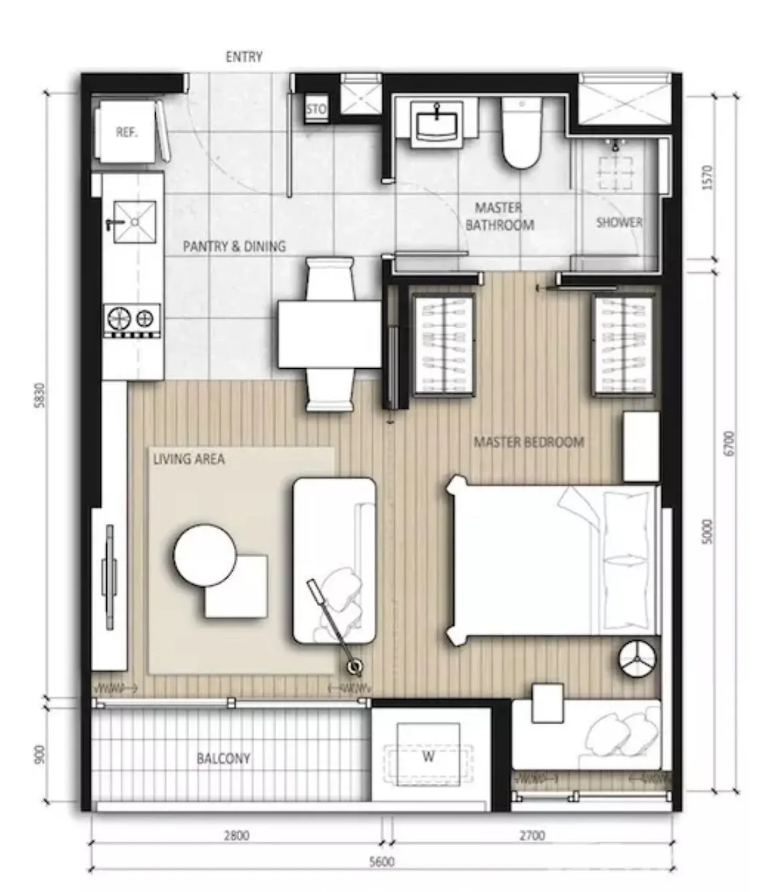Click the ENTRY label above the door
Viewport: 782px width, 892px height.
click(244, 57)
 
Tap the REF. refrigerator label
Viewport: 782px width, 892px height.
click(126, 132)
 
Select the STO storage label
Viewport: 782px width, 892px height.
click(316, 109)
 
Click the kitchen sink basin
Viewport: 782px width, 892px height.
click(135, 222)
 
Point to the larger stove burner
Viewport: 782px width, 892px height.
click(120, 318)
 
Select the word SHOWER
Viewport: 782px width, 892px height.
click(619, 222)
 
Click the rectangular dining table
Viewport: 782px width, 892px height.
click(330, 334)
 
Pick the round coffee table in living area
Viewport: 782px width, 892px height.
click(205, 555)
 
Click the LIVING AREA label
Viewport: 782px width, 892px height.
click(189, 459)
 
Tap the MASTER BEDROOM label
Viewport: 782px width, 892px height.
click(529, 442)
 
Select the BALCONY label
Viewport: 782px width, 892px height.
click(223, 758)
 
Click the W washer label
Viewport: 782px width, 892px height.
click(428, 756)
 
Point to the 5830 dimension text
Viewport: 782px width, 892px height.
click(40, 396)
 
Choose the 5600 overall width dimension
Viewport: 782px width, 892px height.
click(382, 861)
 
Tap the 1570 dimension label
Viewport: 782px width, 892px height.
click(706, 178)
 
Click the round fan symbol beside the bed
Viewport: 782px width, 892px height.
click(637, 659)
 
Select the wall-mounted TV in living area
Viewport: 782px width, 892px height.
click(109, 577)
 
